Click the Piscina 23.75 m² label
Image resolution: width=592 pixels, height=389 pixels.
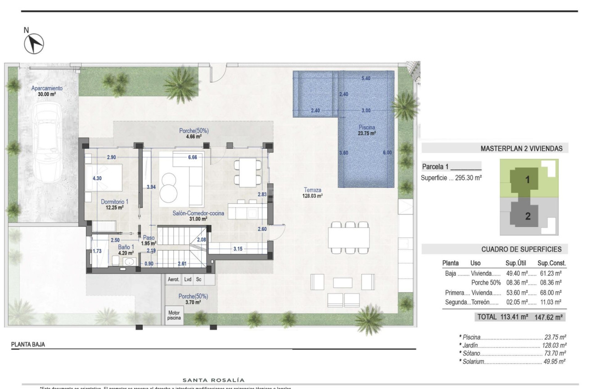[x=367, y=130]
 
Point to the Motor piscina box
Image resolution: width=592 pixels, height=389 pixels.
[x=174, y=315]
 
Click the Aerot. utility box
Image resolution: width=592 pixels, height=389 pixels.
[x=174, y=279]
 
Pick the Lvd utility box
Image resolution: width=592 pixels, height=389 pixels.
[x=188, y=279]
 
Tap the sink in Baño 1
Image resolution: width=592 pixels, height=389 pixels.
[x=130, y=262]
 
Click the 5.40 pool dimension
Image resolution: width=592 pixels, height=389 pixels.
[x=366, y=78]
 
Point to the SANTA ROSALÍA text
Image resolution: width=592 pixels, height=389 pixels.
[x=213, y=380]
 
